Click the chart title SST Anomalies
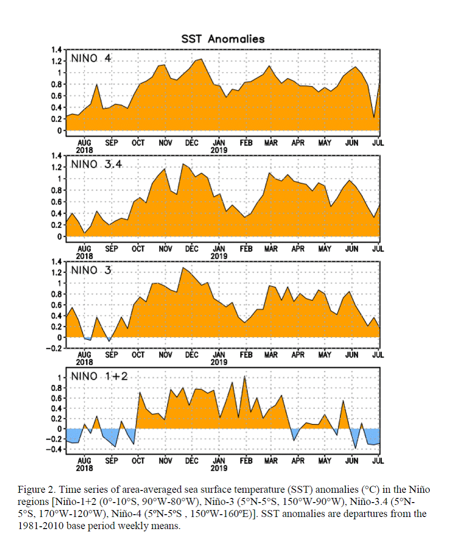coord(223,39)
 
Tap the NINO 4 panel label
coord(91,58)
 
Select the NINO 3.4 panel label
coord(96,164)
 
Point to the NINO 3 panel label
coord(91,270)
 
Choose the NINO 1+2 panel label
coord(99,376)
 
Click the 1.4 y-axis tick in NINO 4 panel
coord(56,49)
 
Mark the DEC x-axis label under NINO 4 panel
coord(192,143)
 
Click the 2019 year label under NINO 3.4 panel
coord(219,256)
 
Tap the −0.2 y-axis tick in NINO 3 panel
coord(53,348)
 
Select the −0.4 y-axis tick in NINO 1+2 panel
coord(53,449)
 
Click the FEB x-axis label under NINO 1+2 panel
coord(246,461)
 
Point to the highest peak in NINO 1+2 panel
coord(244,377)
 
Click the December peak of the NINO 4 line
coord(201,60)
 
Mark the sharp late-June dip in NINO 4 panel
coord(374,118)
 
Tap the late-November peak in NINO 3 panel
coord(183,268)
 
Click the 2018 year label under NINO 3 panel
coord(85,362)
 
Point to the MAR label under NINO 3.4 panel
coord(271,249)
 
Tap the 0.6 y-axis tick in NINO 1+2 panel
coord(56,398)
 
